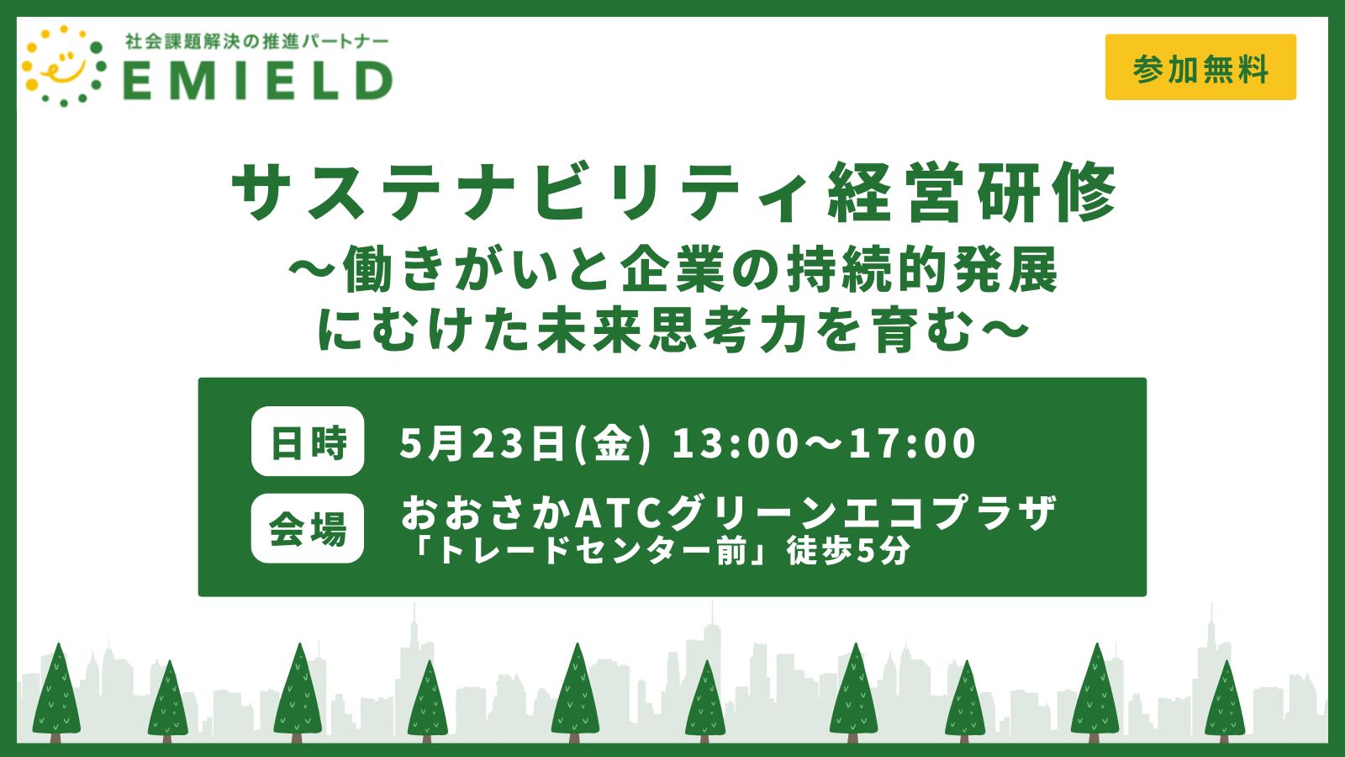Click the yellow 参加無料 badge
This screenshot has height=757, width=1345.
point(1200,67)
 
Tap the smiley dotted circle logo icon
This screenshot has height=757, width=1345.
point(64,66)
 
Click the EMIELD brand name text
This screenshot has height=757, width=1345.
point(258,81)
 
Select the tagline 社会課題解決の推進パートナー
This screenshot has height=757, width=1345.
point(257,41)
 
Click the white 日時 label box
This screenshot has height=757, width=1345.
point(308,442)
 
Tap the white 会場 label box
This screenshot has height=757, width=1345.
point(308,529)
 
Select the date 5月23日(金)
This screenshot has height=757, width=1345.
point(525,443)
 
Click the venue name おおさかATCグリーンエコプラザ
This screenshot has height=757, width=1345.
point(728,512)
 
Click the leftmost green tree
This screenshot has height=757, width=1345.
point(57,694)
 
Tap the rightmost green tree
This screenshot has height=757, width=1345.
point(1225,703)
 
